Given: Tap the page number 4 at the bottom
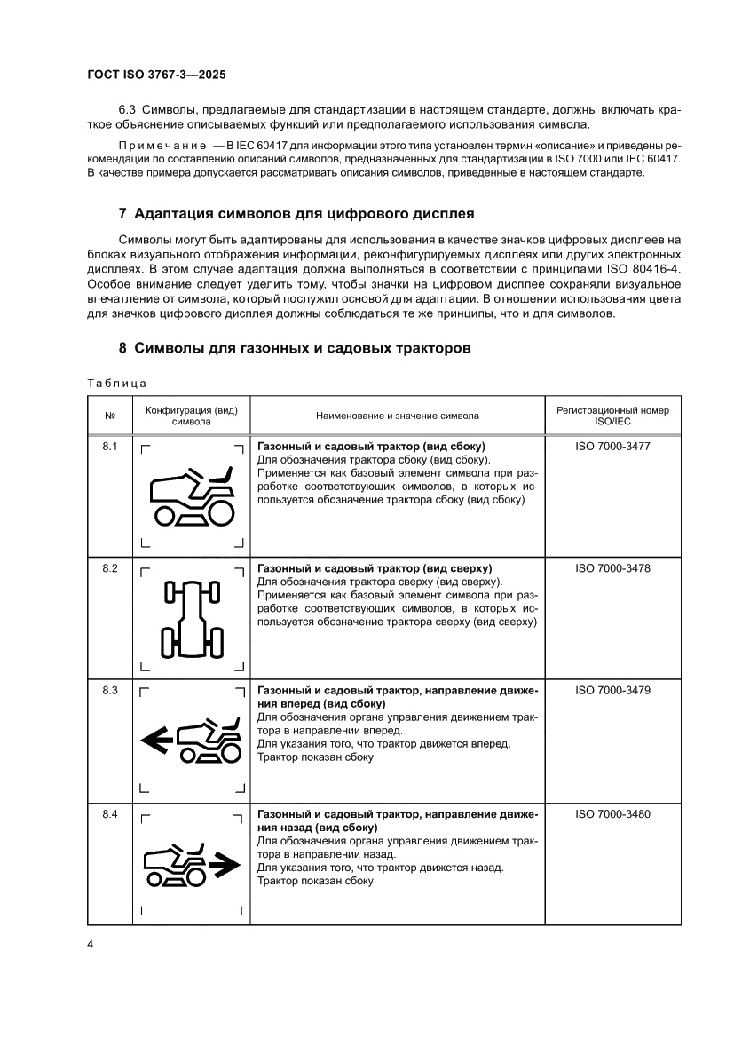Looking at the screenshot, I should (x=91, y=943).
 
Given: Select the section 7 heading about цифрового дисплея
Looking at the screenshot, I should (x=296, y=214).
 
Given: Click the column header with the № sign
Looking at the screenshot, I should (x=110, y=416).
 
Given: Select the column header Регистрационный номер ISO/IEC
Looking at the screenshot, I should (x=612, y=416).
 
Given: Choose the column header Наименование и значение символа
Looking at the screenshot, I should (x=397, y=416).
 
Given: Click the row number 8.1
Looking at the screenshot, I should (x=110, y=446).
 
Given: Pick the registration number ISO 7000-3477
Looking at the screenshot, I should (x=612, y=446).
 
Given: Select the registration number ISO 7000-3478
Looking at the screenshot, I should (x=612, y=568).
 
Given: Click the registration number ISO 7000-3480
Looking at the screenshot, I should (x=612, y=813).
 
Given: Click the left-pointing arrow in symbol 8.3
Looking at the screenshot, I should (x=155, y=737).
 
